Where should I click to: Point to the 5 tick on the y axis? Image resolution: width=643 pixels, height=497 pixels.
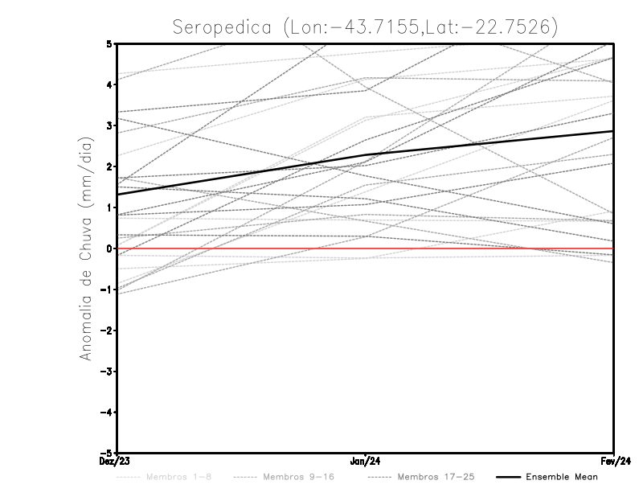point(109,43)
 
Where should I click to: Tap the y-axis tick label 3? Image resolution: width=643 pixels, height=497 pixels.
point(109,125)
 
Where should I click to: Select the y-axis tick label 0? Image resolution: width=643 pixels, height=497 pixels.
point(109,249)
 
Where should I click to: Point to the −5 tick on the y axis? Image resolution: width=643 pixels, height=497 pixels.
point(107,453)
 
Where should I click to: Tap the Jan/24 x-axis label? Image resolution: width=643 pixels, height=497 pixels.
point(366,462)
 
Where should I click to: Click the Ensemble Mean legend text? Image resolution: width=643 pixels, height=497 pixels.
point(562,477)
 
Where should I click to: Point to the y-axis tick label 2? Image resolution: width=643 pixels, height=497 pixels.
point(109,166)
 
